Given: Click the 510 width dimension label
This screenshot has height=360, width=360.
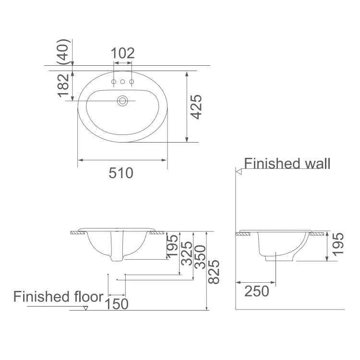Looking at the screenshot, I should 120,173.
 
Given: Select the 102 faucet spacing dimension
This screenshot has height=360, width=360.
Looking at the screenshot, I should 123,53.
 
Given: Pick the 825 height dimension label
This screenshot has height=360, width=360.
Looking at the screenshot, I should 214,271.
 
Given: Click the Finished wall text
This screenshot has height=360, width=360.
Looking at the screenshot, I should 287,164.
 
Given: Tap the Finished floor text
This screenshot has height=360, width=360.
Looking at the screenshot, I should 58,296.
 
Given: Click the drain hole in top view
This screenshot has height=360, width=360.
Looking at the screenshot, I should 123,101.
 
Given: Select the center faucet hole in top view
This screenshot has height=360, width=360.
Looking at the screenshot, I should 122,83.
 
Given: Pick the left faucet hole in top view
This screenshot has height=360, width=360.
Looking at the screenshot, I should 114,83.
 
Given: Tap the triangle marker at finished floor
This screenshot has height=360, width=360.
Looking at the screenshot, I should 85,308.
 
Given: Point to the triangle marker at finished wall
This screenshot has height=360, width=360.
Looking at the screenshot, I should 238,170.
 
